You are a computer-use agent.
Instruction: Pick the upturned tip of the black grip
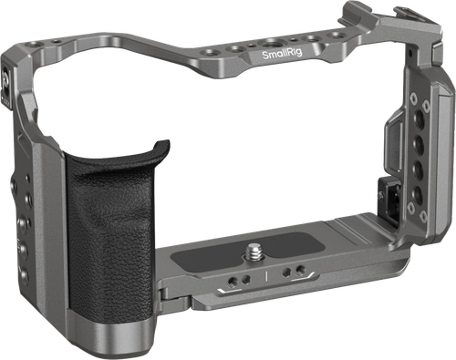tap(162, 144)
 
